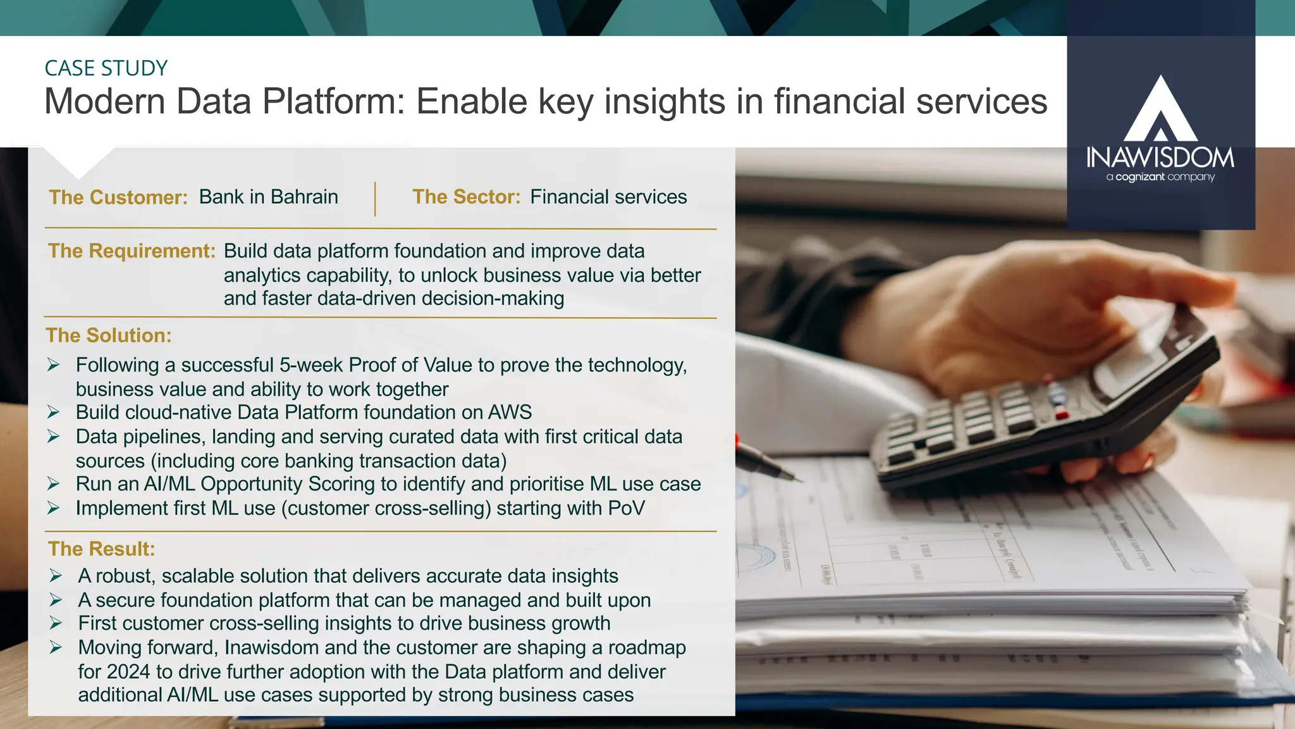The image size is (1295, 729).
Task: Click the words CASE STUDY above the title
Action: (106, 68)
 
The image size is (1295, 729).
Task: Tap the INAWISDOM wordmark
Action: (1160, 158)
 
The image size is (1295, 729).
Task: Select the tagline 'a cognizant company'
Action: (1160, 177)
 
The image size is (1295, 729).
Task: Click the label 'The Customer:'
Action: (118, 197)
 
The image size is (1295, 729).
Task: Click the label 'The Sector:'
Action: (466, 197)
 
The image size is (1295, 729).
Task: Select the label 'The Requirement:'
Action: (132, 251)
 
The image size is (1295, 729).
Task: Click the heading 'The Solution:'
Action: (109, 335)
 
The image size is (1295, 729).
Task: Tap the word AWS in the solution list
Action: (510, 413)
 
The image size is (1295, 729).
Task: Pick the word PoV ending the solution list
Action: (626, 508)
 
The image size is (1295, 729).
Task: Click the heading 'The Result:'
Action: (101, 549)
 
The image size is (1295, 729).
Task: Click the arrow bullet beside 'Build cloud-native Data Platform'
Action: (54, 413)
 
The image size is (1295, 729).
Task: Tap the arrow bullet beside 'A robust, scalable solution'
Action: (56, 576)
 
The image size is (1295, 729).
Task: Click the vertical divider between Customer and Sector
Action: (375, 199)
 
